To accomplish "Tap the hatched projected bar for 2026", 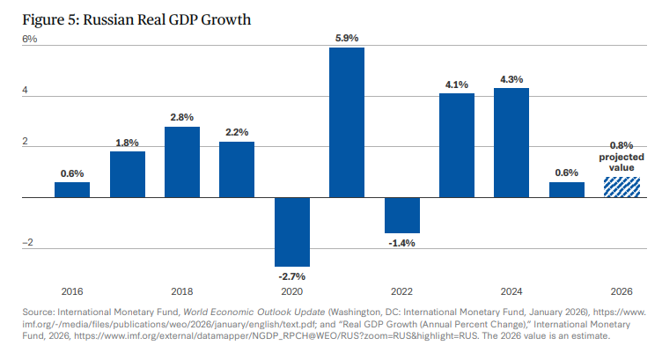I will point(621,187).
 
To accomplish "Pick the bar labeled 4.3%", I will point(511,143).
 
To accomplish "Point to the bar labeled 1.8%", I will point(128,174).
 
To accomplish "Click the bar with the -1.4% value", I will point(401,216).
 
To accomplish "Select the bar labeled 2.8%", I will point(182,162).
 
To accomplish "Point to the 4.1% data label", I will point(456,85).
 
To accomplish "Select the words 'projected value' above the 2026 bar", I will point(621,162).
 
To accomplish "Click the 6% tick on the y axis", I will point(30,40).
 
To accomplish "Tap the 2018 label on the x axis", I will point(182,290).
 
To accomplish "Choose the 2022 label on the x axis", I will point(401,290).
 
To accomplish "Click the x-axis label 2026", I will point(621,290).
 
